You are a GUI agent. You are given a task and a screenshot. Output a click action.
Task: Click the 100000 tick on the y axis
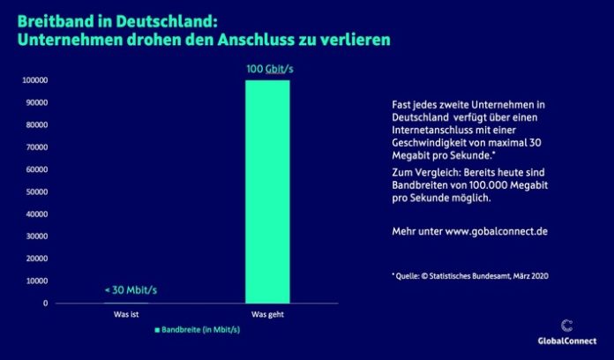point(34,80)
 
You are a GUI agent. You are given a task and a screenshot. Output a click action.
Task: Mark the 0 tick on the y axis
point(45,304)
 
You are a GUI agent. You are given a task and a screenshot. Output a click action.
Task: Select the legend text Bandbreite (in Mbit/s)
point(202,330)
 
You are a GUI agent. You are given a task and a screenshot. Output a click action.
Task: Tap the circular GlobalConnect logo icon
point(565,324)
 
